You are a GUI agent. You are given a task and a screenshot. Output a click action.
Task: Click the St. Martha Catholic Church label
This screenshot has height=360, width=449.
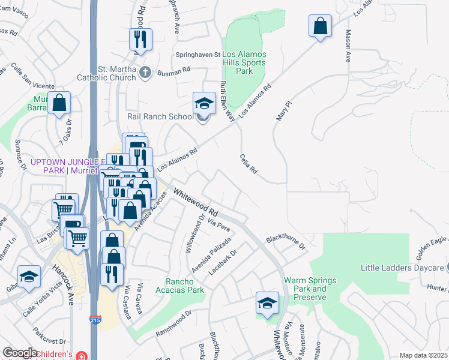point(106,73)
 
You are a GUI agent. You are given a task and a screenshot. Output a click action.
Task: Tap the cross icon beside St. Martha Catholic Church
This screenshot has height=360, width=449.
point(145,73)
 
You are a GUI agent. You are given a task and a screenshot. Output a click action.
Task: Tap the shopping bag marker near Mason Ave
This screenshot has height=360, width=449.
point(321,26)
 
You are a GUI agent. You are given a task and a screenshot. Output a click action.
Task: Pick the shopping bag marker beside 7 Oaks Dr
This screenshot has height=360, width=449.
point(59,103)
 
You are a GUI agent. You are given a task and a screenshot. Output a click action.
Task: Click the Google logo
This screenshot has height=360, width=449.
point(20,353)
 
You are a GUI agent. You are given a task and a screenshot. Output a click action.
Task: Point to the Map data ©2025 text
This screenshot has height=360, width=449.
point(423,355)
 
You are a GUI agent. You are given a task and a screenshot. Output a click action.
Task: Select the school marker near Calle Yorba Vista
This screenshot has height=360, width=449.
point(28,277)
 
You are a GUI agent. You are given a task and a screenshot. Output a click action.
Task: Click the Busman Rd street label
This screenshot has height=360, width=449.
point(173,71)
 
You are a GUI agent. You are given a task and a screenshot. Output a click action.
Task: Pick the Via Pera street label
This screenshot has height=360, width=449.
point(218,227)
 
